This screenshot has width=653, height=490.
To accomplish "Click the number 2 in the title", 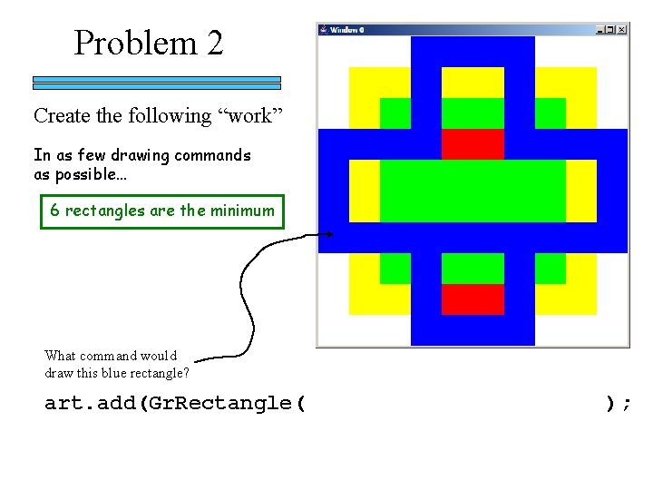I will tap(214, 43).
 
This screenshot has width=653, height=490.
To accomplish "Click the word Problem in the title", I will tap(135, 43).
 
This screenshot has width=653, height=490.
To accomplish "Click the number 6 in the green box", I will tap(55, 211).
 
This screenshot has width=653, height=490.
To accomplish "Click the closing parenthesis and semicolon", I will tap(619, 403).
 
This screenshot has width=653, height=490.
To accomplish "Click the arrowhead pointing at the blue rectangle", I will tap(328, 236).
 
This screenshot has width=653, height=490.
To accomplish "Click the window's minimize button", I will tap(601, 30).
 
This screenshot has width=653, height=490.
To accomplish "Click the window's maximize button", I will tap(611, 30).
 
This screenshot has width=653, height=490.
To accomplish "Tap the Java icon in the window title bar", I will tap(324, 30).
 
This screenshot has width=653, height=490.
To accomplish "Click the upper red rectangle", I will tap(473, 143).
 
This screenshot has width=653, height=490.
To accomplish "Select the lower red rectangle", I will tap(473, 299).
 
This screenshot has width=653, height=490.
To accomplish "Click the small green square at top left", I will tap(395, 113).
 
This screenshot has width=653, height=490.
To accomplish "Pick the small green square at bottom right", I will tap(550, 268).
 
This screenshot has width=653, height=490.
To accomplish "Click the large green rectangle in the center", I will tap(473, 190).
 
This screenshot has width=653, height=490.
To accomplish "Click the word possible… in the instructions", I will tap(80, 175).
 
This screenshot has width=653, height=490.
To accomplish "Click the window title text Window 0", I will tap(346, 30).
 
